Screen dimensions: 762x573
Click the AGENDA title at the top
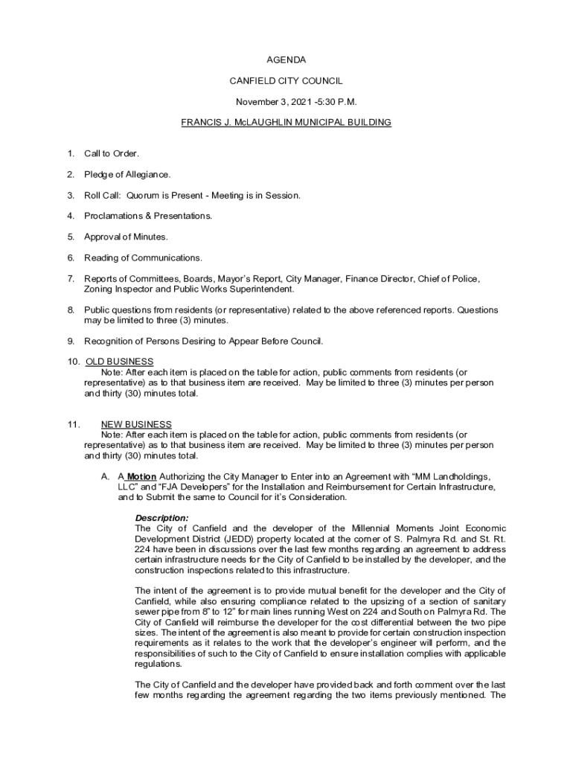286,60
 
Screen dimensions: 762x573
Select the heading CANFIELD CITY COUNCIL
286,80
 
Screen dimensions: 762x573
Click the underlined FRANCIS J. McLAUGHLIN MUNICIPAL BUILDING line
286,122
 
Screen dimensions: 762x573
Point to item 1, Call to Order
112,154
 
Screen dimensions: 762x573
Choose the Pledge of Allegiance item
127,175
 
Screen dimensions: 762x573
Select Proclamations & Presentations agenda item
148,217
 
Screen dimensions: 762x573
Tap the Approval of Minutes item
126,237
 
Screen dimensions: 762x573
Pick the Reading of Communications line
143,258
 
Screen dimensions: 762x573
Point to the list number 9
70,342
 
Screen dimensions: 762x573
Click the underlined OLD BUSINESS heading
120,362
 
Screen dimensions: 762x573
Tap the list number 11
72,425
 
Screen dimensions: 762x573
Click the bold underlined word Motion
141,476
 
